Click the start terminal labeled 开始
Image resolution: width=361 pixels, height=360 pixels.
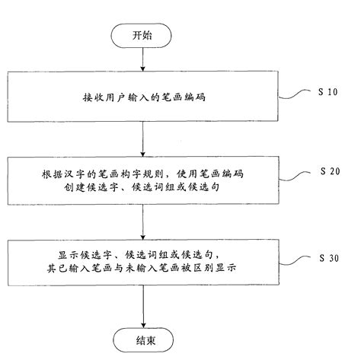coord(143,34)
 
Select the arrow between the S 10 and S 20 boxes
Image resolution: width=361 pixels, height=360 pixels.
coord(143,140)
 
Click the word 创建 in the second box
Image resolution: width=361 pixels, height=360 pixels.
coord(72,186)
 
